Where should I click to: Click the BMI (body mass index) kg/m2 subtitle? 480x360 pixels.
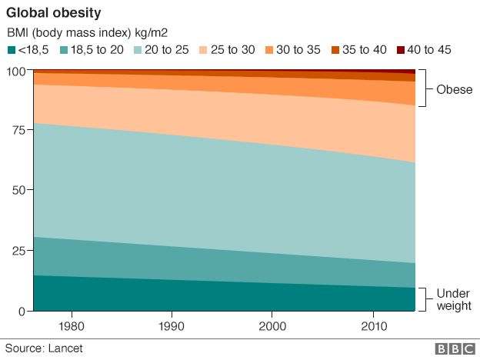(x=87, y=33)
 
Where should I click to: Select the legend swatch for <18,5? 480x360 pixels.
(x=12, y=50)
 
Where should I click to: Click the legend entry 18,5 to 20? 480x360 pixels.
(x=90, y=50)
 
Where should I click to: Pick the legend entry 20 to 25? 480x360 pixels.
(x=162, y=50)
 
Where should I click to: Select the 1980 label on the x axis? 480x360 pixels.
(x=72, y=326)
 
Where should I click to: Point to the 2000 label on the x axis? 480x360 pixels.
(x=272, y=326)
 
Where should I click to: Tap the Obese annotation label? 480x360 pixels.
(x=454, y=88)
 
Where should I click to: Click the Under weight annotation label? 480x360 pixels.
(x=453, y=300)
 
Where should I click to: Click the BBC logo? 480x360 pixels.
(x=455, y=349)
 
